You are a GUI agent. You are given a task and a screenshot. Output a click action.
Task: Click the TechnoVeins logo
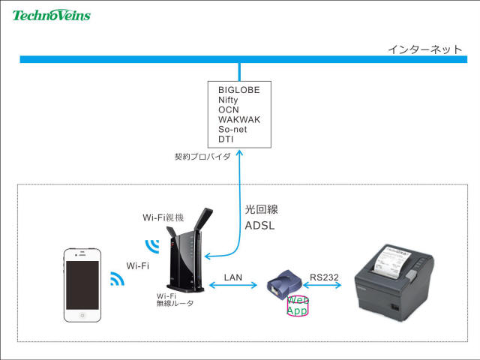coord(52,15)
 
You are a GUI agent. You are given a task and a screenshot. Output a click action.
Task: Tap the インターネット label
coord(425,49)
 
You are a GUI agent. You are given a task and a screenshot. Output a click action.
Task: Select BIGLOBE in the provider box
coord(239,90)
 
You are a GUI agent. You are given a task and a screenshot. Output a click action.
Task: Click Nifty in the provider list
coord(228,100)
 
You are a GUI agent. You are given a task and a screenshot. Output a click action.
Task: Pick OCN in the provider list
coord(228,109)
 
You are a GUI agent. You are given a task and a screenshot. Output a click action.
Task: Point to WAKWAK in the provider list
coord(239,119)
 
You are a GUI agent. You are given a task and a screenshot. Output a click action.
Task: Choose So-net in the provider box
coord(232,129)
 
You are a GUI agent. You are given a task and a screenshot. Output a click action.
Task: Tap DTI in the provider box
coord(226,139)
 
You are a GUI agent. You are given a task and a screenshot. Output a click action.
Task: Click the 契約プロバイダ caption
coord(202,157)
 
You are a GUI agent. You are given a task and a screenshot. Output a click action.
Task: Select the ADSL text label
coord(259,226)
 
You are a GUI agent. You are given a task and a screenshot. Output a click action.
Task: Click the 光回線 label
coord(262,209)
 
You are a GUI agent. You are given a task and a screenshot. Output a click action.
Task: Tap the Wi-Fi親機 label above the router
coord(163,217)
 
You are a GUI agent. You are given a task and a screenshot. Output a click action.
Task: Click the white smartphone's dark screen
coord(82,285)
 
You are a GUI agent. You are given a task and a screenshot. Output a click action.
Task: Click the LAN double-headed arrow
coord(233,285)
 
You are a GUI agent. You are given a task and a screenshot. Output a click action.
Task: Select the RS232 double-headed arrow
coord(322,285)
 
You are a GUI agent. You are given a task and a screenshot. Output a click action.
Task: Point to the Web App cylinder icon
coord(297,306)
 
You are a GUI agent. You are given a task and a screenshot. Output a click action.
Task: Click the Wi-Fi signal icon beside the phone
coord(117,279)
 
